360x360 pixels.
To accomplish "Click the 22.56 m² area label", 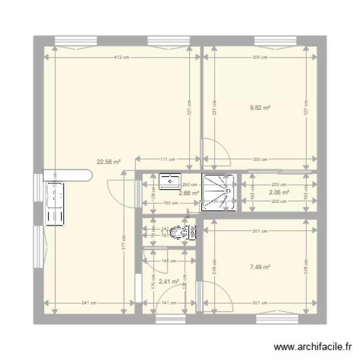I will (108, 162).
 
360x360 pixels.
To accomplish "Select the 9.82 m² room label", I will (259, 108).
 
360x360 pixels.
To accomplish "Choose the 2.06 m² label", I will (278, 192).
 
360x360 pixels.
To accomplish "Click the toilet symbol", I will (185, 233).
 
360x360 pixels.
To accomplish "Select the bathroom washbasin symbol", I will (169, 181).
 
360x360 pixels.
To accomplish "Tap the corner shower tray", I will (218, 192).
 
